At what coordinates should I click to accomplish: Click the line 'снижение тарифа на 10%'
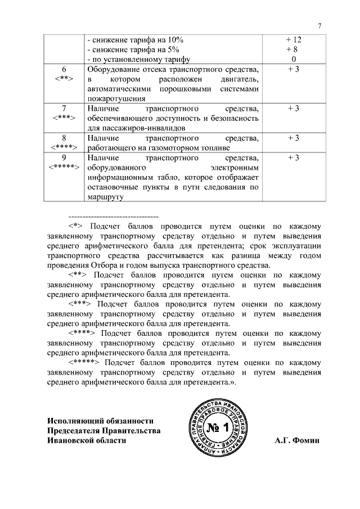coord(135,40)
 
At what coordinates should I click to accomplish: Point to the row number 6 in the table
coord(64,69)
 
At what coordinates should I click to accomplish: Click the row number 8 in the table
coord(64,138)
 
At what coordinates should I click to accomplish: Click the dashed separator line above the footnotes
coord(113,217)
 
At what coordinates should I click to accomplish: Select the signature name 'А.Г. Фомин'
coord(297,440)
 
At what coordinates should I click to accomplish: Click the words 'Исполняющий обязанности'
coord(100,421)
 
